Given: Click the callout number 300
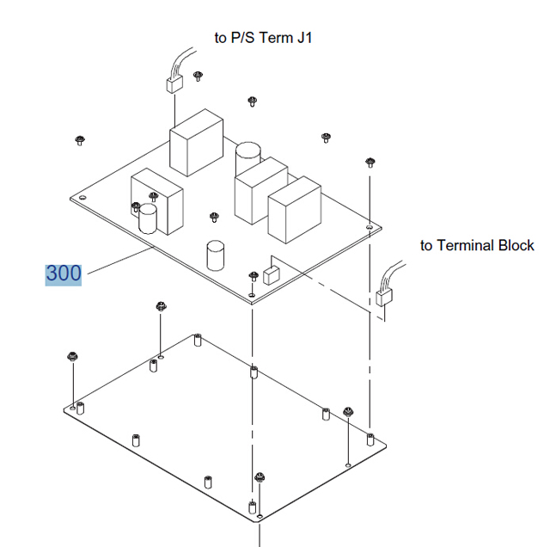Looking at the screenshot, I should (64, 273).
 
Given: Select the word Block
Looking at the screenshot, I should (516, 245).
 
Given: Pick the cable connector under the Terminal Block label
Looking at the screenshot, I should (384, 298).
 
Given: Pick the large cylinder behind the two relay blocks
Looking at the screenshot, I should (247, 157).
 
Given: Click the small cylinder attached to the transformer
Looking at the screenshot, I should (149, 218).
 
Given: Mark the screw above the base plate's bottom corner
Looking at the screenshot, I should (259, 477).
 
